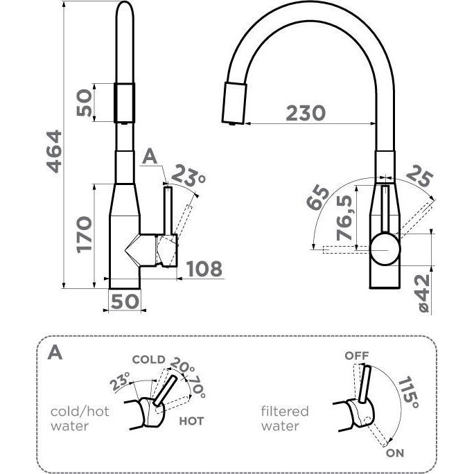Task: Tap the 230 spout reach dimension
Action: pyautogui.click(x=305, y=112)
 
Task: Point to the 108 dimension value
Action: pyautogui.click(x=204, y=268)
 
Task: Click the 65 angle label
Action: pyautogui.click(x=320, y=198)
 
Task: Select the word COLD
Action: pyautogui.click(x=148, y=359)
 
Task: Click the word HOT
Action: pyautogui.click(x=191, y=421)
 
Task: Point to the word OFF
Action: pyautogui.click(x=357, y=355)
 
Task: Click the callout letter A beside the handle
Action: pyautogui.click(x=149, y=157)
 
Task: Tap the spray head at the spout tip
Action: pyautogui.click(x=232, y=102)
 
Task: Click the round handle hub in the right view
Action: pyautogui.click(x=384, y=247)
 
